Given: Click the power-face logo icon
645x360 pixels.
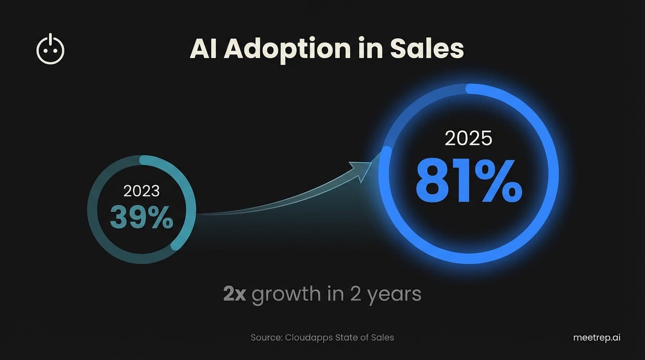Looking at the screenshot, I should (x=50, y=49).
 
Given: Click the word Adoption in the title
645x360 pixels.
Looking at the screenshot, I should (x=287, y=49).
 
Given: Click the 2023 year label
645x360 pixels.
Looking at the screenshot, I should (x=141, y=191).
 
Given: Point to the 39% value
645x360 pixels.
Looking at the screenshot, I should (x=141, y=218).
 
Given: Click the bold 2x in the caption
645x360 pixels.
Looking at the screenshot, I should (x=234, y=294).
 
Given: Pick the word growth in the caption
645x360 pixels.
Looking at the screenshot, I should (x=286, y=294).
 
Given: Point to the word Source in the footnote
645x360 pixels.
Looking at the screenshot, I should (x=265, y=337).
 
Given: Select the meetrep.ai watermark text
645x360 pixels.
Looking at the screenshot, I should (x=597, y=337).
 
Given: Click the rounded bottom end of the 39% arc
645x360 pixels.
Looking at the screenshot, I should (x=175, y=245).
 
